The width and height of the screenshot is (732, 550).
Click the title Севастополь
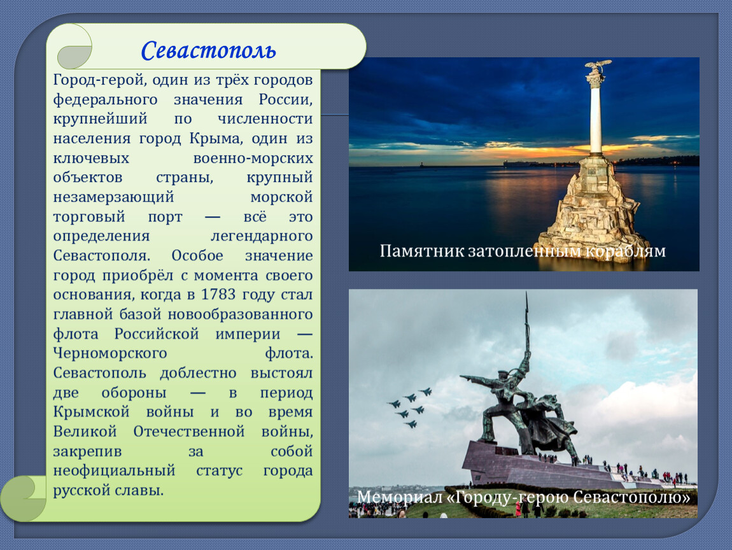point(208,50)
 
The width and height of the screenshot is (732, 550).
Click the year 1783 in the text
point(218,295)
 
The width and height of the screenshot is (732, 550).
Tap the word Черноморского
point(110,353)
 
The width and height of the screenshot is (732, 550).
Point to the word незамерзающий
point(113,197)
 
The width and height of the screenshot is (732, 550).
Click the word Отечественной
point(188,432)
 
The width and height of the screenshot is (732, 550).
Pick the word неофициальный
point(114,470)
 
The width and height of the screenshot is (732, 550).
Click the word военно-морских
point(253,159)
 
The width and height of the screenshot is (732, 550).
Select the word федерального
point(106,100)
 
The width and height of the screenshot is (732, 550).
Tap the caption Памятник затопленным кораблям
point(523,251)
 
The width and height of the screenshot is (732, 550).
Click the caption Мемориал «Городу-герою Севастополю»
point(523,497)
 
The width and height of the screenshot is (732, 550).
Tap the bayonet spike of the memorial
point(527,322)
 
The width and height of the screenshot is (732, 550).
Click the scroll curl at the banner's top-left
point(74,46)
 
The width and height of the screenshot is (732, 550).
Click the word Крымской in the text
point(91,412)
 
